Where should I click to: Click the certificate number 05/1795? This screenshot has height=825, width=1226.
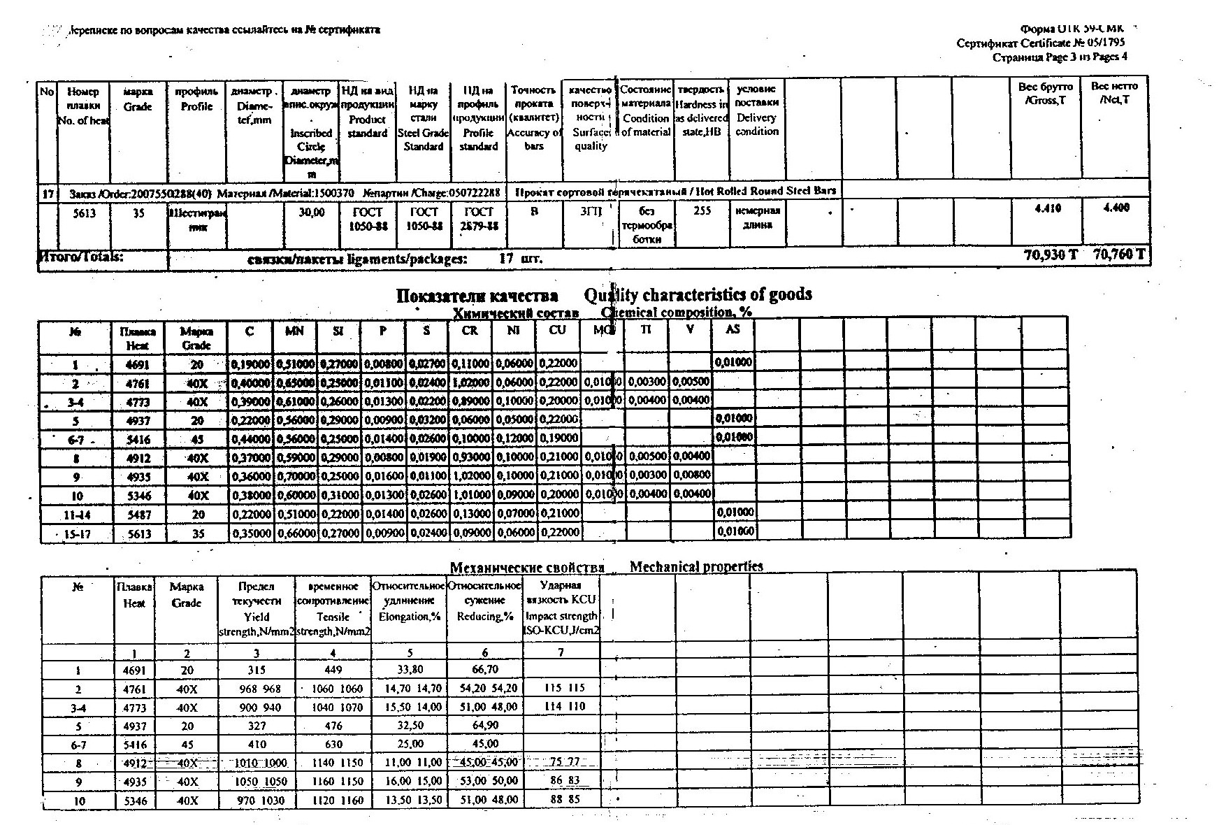coord(1104,43)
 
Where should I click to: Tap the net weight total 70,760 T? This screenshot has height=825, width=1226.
coord(1118,255)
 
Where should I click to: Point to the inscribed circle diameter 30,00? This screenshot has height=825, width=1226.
coord(311,213)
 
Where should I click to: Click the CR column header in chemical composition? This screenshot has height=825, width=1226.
coord(470,330)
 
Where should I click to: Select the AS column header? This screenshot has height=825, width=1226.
coord(732,329)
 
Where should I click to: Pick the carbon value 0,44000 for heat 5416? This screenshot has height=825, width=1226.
coord(250,438)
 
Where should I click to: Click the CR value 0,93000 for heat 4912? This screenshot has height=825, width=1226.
coord(470,457)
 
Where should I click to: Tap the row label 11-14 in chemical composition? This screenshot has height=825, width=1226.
coord(77,515)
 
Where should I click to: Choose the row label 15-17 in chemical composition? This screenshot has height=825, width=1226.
coord(77,534)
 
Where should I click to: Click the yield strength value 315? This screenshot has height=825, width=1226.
coord(257,670)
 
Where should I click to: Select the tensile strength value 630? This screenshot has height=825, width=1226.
coord(333,744)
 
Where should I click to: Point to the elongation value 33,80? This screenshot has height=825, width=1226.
coord(410,670)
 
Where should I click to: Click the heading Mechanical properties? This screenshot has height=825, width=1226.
coord(695,566)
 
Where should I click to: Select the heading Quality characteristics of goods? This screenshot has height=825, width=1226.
coord(698,295)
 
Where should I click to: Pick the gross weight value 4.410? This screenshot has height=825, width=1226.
coord(1047,208)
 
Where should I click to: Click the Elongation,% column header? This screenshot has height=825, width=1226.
coord(410,617)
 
